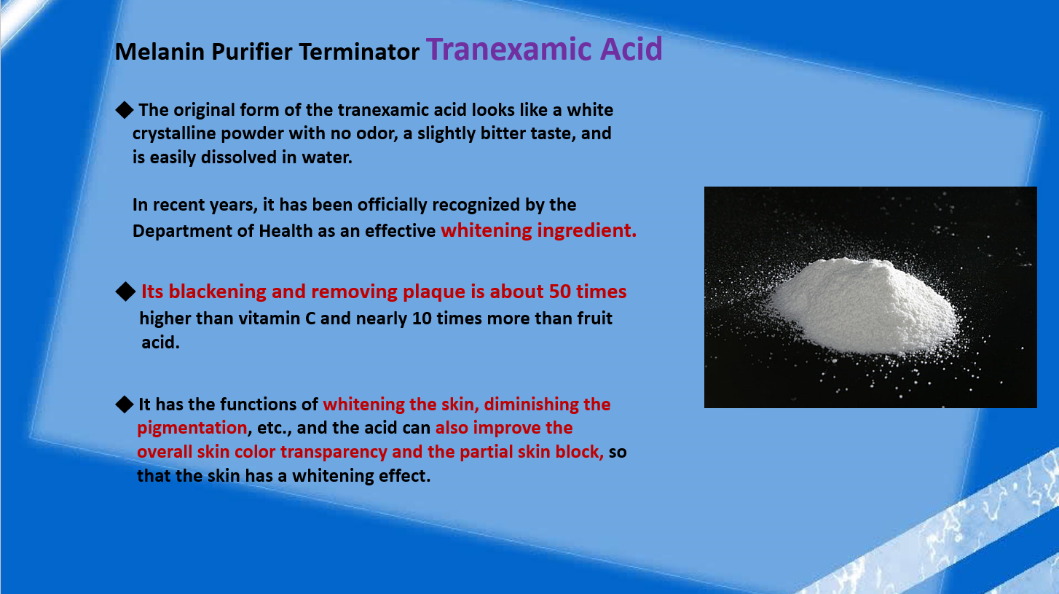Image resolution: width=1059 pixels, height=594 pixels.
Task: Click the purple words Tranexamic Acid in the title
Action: point(544,49)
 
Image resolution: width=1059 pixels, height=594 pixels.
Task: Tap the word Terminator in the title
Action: point(359,52)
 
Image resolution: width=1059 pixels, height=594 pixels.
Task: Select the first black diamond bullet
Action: point(125,110)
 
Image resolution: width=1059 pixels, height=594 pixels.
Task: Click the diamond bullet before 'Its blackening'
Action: point(125,292)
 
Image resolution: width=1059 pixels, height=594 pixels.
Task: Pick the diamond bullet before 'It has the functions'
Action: point(125,405)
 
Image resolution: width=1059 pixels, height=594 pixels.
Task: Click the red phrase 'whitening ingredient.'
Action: point(538,230)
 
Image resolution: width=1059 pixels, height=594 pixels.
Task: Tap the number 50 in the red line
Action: point(560,292)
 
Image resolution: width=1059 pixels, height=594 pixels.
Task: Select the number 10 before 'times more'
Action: point(422,319)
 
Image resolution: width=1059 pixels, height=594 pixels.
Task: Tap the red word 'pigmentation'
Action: point(192,429)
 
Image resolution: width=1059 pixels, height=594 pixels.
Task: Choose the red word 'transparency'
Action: point(334,452)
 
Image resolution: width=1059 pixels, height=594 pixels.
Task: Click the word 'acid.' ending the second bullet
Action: point(161,343)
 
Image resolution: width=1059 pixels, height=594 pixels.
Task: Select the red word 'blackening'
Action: point(218,292)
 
